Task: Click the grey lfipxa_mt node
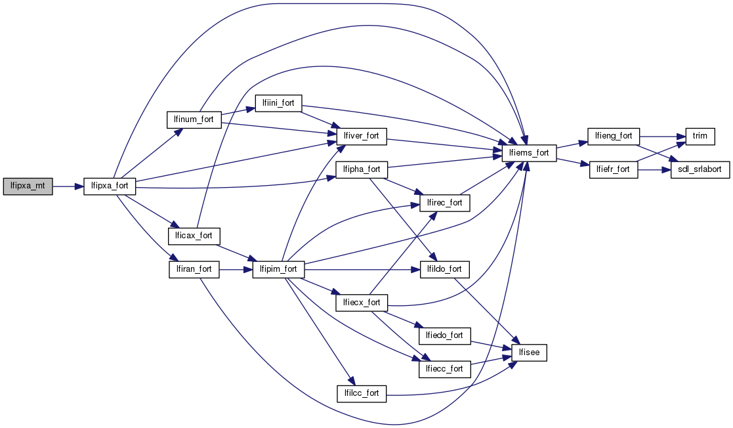click(x=28, y=186)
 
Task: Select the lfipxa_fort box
click(x=110, y=186)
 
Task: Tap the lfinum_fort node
click(x=194, y=120)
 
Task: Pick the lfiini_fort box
click(x=278, y=102)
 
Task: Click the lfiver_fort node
click(x=362, y=137)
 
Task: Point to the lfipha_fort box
click(x=362, y=169)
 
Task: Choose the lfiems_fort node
click(x=529, y=153)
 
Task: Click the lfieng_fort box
click(x=613, y=136)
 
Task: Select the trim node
click(x=700, y=136)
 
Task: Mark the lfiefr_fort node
click(x=613, y=169)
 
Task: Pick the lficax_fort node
click(x=194, y=235)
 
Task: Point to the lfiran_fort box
click(x=194, y=269)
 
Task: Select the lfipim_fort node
click(x=278, y=269)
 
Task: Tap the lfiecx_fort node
click(x=362, y=303)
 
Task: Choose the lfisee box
click(x=529, y=353)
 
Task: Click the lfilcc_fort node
click(x=362, y=394)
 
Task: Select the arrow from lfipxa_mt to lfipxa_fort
click(x=68, y=186)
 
